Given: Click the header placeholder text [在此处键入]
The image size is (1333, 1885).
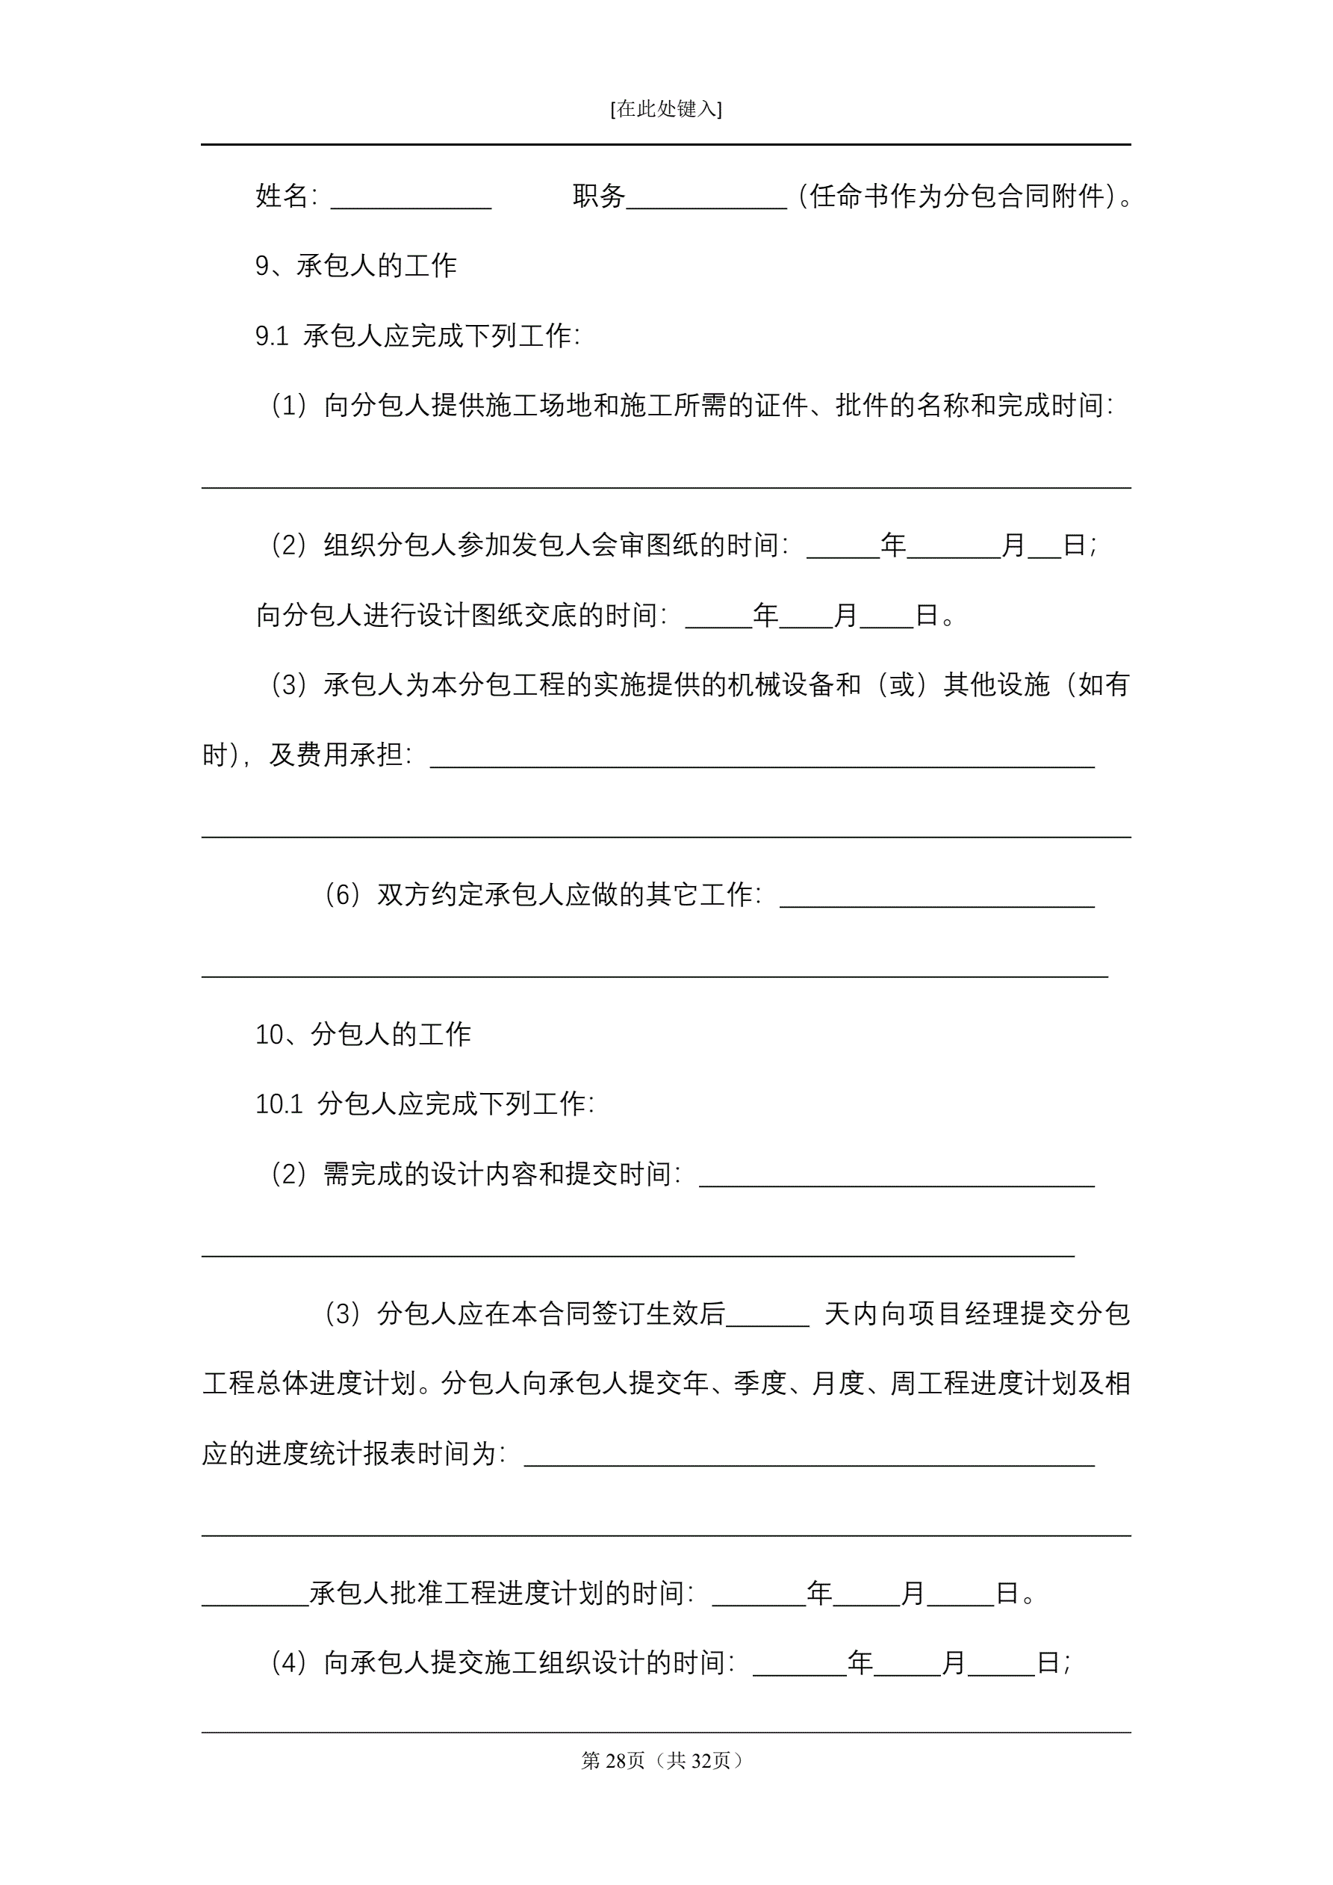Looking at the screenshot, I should point(665,109).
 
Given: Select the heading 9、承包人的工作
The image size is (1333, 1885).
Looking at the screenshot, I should point(356,266).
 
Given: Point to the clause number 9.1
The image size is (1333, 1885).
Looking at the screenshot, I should point(272,335).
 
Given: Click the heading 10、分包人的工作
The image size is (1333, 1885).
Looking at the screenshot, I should point(363,1035).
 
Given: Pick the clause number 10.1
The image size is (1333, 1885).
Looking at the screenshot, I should point(279,1104).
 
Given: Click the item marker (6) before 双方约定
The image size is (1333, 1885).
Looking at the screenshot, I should point(343,895).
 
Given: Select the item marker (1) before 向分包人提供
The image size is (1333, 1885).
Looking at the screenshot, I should point(289,406).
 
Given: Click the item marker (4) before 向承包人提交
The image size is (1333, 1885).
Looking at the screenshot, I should point(289,1663).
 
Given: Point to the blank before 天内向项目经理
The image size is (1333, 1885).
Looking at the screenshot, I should point(768,1313).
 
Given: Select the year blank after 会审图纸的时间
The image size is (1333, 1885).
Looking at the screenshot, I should point(843,547).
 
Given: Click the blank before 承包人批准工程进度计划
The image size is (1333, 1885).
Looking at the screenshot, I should point(255,1594).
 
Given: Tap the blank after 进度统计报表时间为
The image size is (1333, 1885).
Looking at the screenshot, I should point(809,1455).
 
